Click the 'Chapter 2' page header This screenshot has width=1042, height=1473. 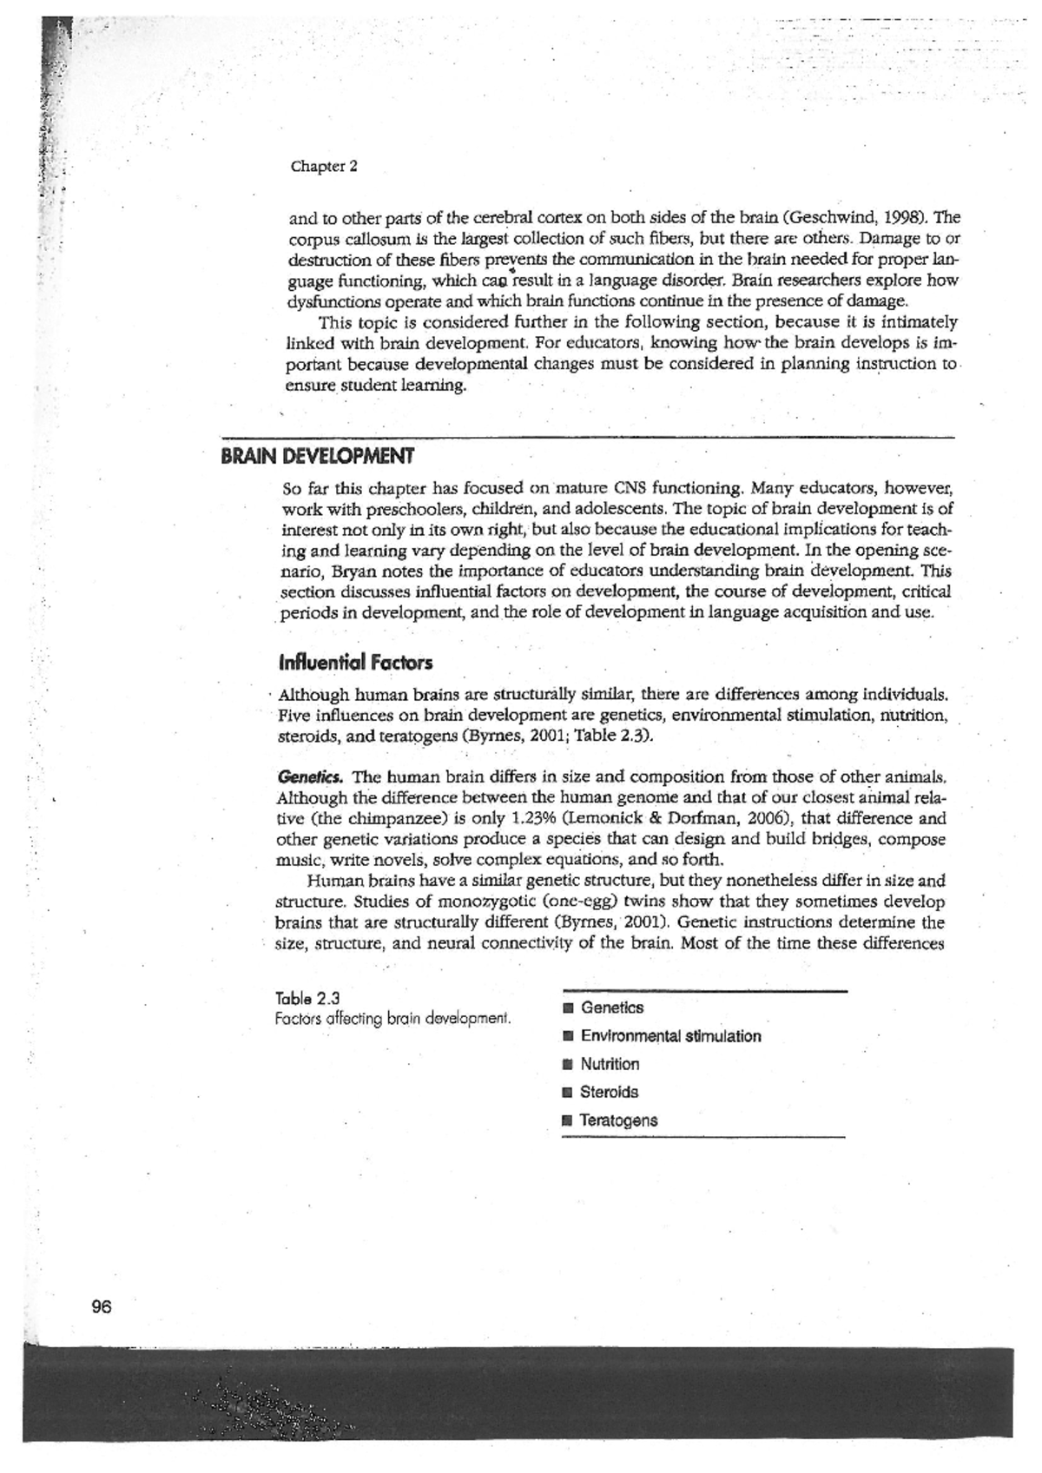pyautogui.click(x=324, y=166)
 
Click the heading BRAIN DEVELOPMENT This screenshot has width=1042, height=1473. pyautogui.click(x=317, y=456)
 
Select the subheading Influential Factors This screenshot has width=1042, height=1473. pyautogui.click(x=355, y=664)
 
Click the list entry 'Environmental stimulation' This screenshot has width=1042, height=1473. pyautogui.click(x=669, y=1036)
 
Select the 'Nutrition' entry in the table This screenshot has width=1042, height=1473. pyautogui.click(x=610, y=1064)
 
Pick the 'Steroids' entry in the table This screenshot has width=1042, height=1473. pyautogui.click(x=609, y=1092)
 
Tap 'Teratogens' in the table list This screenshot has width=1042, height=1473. pyautogui.click(x=618, y=1120)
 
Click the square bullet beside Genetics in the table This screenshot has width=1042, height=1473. pyautogui.click(x=568, y=1008)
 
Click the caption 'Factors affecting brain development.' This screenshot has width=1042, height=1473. pyautogui.click(x=392, y=1018)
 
